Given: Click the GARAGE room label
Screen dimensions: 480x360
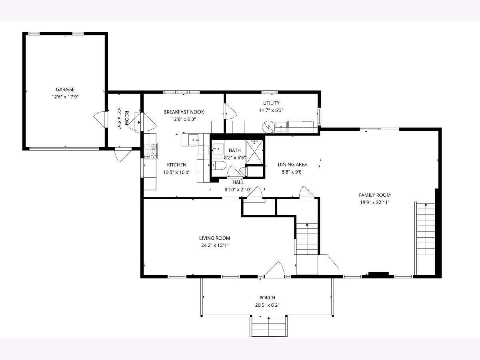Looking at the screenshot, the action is coord(65,89).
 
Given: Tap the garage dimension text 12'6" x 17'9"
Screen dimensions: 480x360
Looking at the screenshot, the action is coord(65,97).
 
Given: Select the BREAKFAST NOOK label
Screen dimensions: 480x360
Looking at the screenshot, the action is coord(184,112).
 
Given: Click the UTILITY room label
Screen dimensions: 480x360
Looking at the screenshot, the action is coord(271,103).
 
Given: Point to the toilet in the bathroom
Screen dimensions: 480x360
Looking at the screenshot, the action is coord(219,166).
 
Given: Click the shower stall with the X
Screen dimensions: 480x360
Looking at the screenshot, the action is coord(254,152).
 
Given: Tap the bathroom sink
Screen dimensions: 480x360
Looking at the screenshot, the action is coord(218,149).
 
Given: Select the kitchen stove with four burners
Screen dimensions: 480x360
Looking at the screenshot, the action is coord(151,151).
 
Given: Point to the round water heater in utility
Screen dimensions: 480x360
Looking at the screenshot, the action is coord(268,127).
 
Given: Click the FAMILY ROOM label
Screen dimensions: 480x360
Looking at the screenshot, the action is coord(374,195).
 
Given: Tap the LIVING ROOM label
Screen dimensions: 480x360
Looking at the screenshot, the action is coord(214,238).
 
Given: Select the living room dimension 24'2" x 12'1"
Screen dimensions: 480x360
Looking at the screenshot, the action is coord(214,245).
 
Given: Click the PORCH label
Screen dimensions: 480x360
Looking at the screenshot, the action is coord(267,298).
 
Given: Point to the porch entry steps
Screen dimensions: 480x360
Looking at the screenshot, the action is coord(269,326).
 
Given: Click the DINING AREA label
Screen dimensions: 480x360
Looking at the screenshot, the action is coord(292,164).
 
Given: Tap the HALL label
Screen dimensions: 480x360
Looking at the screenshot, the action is coord(238,182).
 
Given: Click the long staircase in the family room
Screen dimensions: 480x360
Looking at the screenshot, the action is coord(426,239).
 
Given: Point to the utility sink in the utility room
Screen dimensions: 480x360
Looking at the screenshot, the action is coord(281,127).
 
